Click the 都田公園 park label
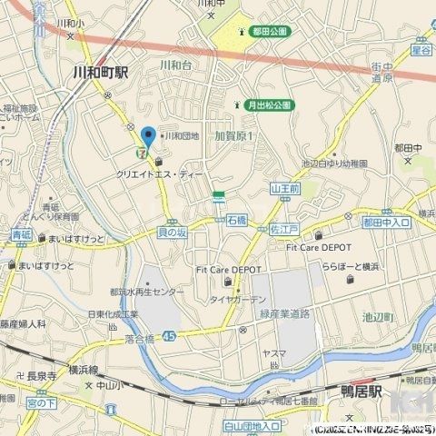[x=269, y=32]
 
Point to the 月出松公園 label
[x=270, y=105]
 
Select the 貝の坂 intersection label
[x=173, y=233]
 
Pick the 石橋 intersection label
[x=237, y=221]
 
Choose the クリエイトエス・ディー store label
[x=161, y=172]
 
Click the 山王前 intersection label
[x=284, y=188]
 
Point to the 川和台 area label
[x=174, y=65]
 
